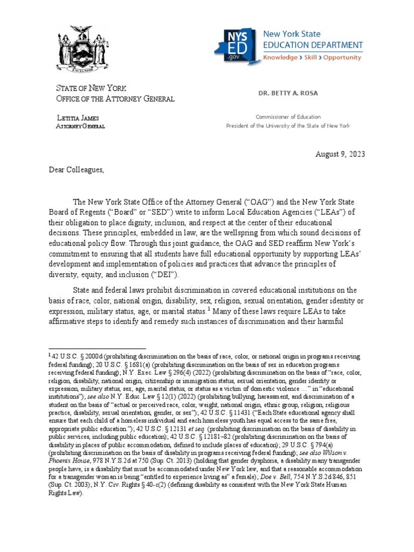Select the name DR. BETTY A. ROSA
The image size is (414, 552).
pos(288,93)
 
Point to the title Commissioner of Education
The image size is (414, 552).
pos(288,116)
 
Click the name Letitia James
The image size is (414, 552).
pos(78,118)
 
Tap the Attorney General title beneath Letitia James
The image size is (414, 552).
pos(81,126)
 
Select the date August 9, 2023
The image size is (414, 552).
pos(340,154)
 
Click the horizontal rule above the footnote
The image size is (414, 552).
pos(97,349)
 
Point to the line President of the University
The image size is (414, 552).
pos(288,126)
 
